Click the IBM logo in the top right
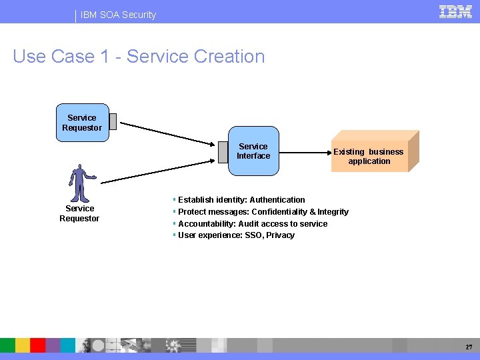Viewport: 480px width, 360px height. (x=456, y=11)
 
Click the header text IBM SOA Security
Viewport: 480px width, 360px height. (x=119, y=15)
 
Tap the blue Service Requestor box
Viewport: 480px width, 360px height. (x=82, y=123)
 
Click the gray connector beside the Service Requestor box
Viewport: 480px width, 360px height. (x=113, y=121)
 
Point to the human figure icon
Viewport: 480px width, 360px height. (x=81, y=183)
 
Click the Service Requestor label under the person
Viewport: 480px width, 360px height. (x=79, y=213)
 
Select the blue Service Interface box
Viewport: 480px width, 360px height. (x=253, y=151)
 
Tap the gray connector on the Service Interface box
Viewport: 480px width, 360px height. (x=223, y=152)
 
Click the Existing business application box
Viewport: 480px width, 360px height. (x=369, y=156)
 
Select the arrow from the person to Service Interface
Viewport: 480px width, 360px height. (x=160, y=171)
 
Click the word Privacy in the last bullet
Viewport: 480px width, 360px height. (x=280, y=235)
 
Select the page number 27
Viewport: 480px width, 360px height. (x=469, y=347)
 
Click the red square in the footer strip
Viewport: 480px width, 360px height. (x=38, y=345)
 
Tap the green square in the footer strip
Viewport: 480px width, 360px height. (x=7, y=345)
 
